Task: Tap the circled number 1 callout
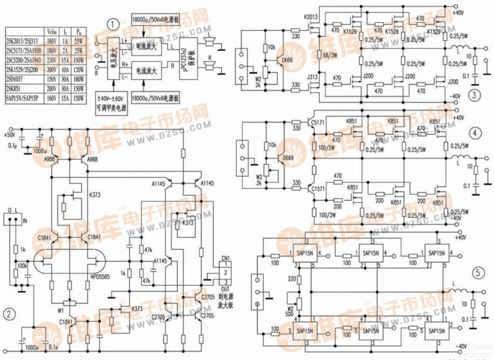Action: tap(112, 24)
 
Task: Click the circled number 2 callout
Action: tap(8, 313)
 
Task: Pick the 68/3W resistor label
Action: tap(310, 55)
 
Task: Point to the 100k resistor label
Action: tap(22, 266)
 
